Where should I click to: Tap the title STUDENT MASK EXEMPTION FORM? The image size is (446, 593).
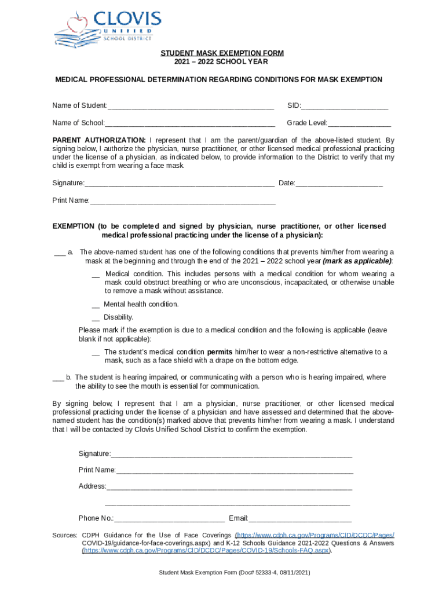pos(222,53)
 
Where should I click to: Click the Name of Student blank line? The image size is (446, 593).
pos(191,107)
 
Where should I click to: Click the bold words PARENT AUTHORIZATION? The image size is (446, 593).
pos(99,140)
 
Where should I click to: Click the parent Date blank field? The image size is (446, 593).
pos(339,184)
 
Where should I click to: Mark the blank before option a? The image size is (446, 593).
pos(59,253)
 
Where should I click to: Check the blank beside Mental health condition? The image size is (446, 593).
pos(96,305)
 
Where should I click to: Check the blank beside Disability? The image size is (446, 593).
pos(96,318)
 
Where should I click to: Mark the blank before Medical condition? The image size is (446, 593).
pos(96,275)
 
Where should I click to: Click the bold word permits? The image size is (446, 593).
pos(220,352)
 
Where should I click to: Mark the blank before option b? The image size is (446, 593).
pos(58,378)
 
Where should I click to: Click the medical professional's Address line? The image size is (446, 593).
pos(229,487)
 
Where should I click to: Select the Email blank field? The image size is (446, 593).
pos(300,519)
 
